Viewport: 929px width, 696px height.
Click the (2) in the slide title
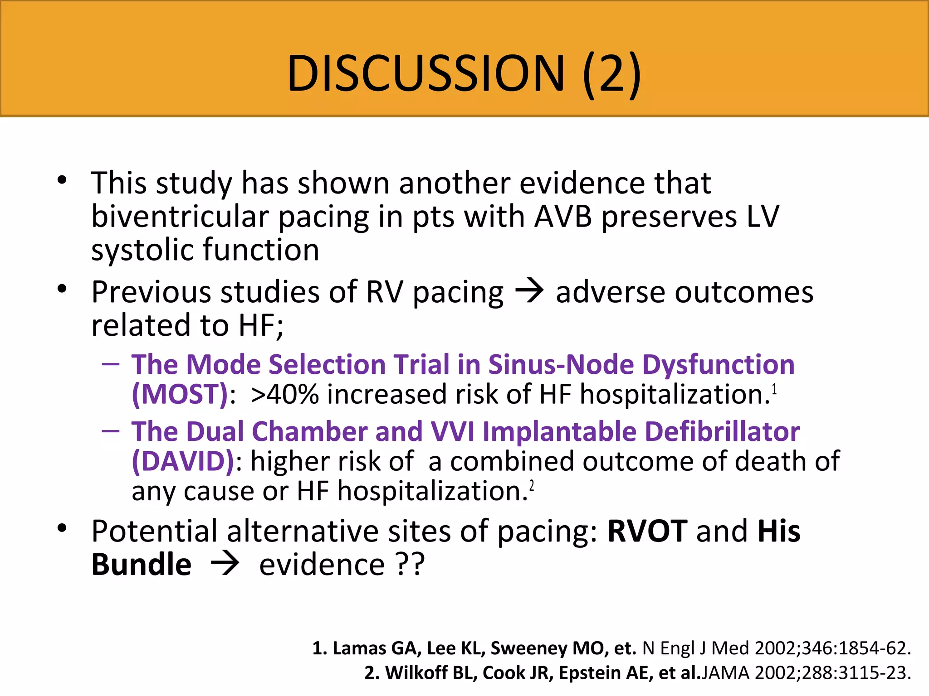[x=612, y=73]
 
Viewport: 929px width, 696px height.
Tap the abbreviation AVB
[x=563, y=217]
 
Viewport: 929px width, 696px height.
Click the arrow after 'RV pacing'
[x=529, y=291]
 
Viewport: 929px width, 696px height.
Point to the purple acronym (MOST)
[x=180, y=394]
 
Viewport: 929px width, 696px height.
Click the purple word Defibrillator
[x=722, y=431]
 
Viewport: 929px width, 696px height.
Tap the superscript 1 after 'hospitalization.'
[x=774, y=389]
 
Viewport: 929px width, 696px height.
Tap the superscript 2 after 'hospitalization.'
[x=532, y=486]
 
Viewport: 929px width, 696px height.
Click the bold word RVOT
[x=647, y=531]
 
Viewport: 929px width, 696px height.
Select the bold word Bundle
[x=141, y=565]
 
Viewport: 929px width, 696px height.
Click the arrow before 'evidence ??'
[x=225, y=565]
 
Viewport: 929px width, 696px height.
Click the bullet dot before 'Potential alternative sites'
[x=62, y=528]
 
